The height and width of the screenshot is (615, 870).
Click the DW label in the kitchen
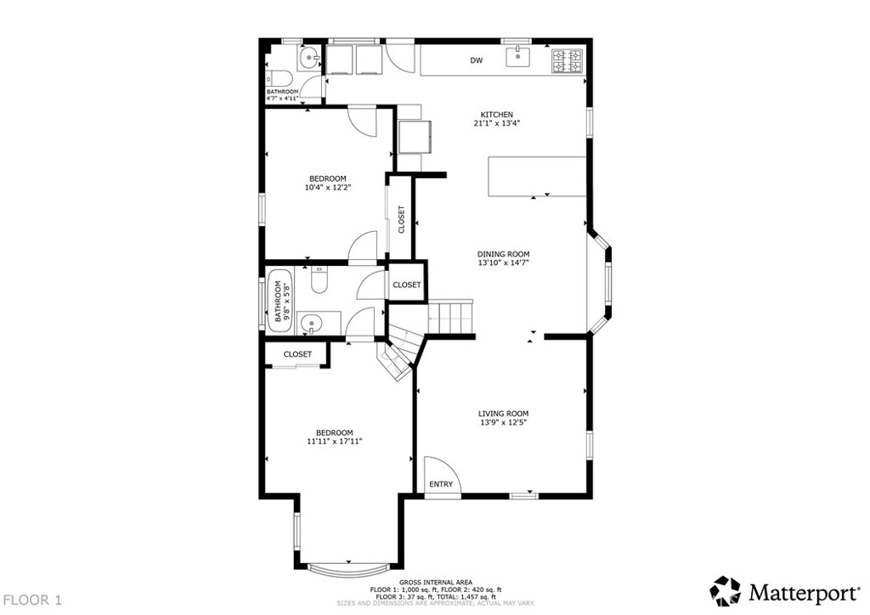(477, 60)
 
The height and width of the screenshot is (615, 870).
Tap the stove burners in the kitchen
(568, 60)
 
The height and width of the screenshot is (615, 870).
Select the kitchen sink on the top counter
(517, 58)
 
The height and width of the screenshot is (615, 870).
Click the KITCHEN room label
(497, 115)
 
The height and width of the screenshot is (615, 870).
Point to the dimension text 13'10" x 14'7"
(503, 263)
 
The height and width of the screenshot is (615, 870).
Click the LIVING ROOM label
(504, 414)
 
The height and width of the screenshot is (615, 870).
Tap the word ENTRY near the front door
(441, 484)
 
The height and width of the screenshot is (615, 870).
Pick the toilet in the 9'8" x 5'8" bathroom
(319, 280)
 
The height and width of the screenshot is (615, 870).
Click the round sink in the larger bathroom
(312, 324)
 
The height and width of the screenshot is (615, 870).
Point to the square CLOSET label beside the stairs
(407, 285)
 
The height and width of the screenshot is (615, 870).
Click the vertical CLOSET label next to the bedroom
(401, 219)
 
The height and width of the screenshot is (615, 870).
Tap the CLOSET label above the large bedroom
(297, 354)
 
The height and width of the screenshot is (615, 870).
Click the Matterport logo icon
(726, 590)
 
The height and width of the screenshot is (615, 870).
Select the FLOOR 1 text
(31, 600)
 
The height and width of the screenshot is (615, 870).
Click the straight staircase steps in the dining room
(451, 319)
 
